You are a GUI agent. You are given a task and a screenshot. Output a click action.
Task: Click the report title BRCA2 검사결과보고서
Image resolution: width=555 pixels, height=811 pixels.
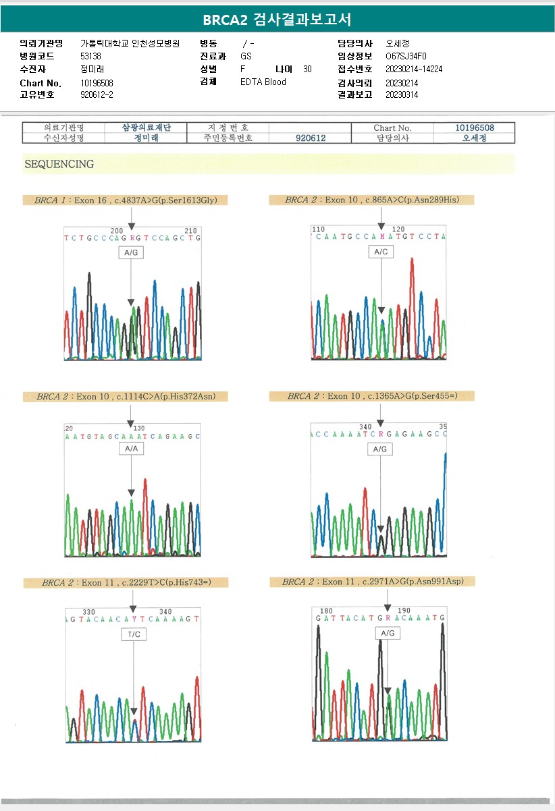[x=277, y=19]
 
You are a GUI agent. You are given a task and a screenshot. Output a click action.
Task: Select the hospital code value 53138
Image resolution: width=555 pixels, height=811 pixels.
[x=90, y=56]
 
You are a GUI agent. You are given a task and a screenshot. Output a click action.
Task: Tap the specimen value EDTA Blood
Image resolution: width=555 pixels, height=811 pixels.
[x=263, y=82]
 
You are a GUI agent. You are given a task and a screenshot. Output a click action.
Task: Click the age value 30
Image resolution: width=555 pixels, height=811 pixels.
[x=307, y=69]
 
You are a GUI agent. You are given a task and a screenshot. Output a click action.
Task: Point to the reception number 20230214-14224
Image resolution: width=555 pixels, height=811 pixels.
[x=414, y=69]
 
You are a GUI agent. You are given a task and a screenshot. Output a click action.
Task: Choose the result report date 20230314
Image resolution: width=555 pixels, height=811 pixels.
[x=402, y=94]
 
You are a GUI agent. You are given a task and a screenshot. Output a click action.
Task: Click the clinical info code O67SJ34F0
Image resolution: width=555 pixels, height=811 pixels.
[x=406, y=56]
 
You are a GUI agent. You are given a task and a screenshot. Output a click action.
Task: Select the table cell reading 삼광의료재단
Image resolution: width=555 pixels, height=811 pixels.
[x=146, y=128]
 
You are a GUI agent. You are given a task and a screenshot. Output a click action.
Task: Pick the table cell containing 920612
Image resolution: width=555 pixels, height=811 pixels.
[x=311, y=138]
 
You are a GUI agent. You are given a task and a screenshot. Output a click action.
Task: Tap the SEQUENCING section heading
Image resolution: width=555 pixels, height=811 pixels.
[x=59, y=164]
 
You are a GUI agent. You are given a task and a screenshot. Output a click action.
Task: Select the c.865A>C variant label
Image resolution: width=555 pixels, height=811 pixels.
[x=371, y=200]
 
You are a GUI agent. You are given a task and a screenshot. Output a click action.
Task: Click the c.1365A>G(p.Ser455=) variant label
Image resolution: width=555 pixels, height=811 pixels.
[x=371, y=395]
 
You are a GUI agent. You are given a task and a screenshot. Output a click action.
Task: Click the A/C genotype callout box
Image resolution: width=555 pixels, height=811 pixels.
[x=381, y=252]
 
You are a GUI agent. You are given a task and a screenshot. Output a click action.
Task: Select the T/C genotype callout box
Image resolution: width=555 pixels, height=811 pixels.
[x=134, y=634]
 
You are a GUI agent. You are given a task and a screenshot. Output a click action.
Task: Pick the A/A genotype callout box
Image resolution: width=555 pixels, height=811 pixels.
[x=131, y=448]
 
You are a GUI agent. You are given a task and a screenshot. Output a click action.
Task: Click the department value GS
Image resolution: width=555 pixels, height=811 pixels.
[x=246, y=56]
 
